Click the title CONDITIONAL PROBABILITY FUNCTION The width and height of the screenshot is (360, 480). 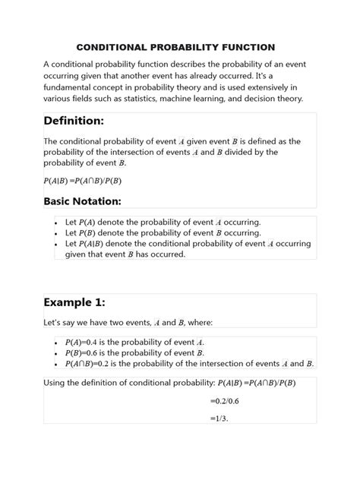pyautogui.click(x=179, y=47)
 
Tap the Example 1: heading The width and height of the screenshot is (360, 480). pyautogui.click(x=79, y=299)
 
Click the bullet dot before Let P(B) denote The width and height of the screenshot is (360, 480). pyautogui.click(x=57, y=233)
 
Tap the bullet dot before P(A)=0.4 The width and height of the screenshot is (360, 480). pyautogui.click(x=57, y=342)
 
